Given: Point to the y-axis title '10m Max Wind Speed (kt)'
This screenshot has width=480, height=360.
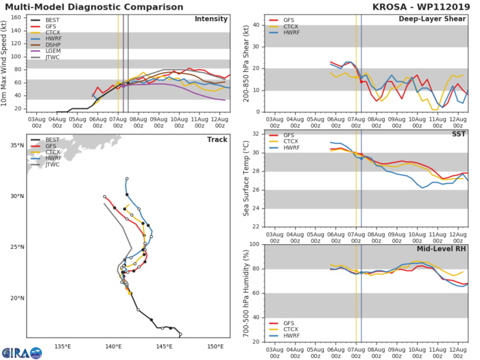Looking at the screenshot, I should point(6,62).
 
